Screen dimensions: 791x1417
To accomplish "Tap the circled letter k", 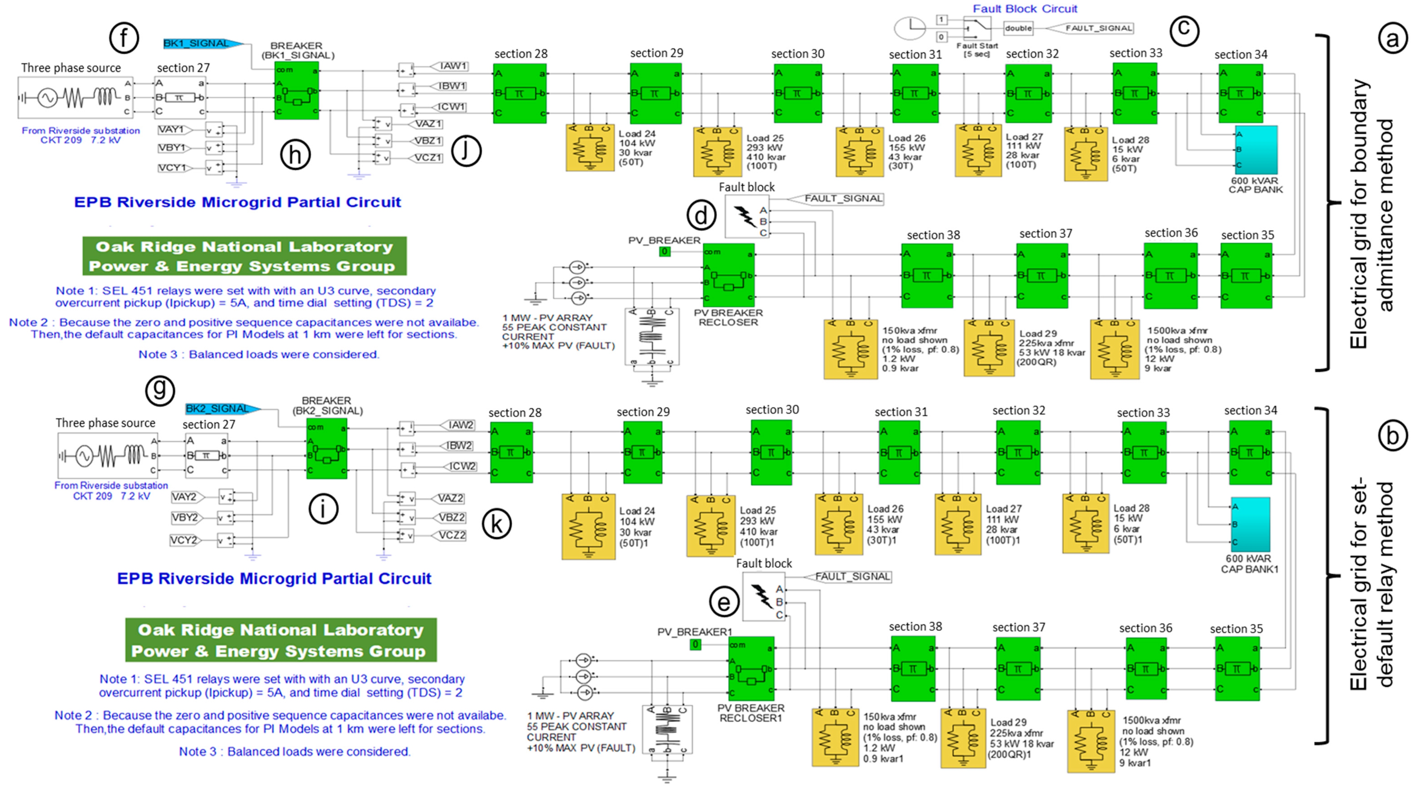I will point(496,524).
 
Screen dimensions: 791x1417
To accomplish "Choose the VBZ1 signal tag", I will point(427,141).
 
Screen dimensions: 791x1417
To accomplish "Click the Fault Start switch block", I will point(977,28).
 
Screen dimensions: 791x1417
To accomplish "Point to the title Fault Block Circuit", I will point(1024,8).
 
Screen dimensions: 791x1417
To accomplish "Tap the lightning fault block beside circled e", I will point(764,597).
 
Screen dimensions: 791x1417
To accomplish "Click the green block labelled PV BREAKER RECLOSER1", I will point(751,668).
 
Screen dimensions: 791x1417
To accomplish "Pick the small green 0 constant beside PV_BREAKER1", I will point(695,644).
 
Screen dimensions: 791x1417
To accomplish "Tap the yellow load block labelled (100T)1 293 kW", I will point(711,526).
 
